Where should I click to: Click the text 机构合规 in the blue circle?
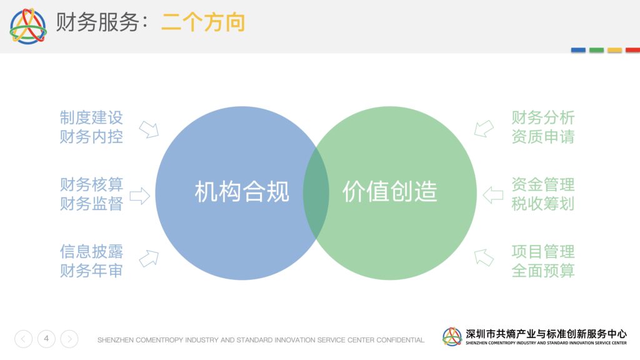click(242, 192)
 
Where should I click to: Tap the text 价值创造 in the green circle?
click(390, 192)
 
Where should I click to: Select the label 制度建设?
click(91, 117)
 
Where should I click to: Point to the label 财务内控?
click(91, 137)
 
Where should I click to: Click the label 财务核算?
click(91, 184)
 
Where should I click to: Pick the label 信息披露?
click(91, 251)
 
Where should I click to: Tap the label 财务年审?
click(91, 271)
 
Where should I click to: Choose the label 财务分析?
click(543, 117)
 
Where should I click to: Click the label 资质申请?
click(543, 137)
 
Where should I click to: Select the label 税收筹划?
click(543, 204)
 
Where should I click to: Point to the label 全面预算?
click(543, 271)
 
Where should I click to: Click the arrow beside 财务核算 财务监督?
click(140, 196)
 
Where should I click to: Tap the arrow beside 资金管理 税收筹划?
click(493, 195)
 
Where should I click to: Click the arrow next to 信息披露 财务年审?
click(149, 258)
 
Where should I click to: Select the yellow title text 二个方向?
click(203, 22)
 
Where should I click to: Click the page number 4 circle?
click(46, 339)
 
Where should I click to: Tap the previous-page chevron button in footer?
click(23, 339)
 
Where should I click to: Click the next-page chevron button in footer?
click(69, 339)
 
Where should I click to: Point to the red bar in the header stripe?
click(632, 50)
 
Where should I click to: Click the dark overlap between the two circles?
click(316, 193)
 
